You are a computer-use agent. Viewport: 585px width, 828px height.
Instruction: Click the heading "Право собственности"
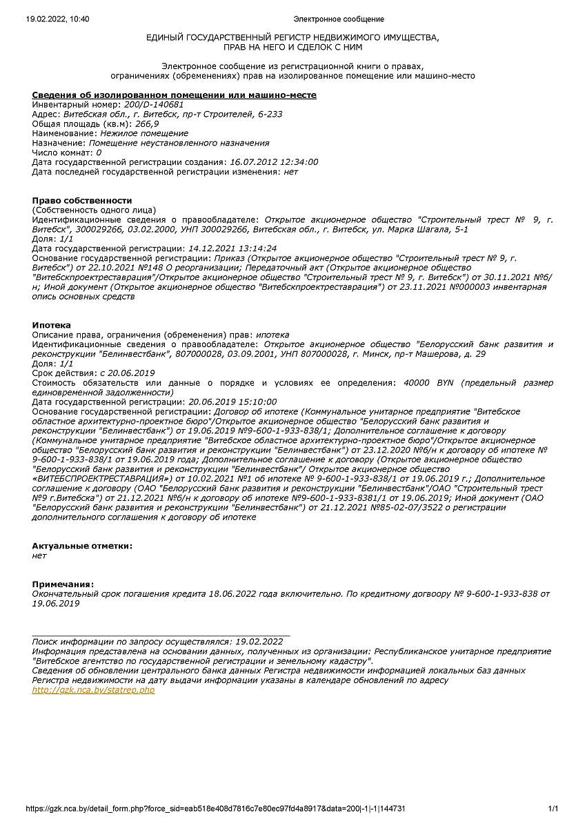82,200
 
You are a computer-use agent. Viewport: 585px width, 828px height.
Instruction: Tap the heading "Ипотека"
51,325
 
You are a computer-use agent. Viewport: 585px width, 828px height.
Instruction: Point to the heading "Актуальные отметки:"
82,546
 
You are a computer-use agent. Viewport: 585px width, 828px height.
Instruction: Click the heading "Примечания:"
63,584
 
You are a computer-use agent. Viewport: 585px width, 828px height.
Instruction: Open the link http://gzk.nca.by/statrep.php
93,690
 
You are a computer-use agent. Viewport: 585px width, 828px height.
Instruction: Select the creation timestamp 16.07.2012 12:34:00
272,162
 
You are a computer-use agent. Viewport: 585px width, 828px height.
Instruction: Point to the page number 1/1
553,808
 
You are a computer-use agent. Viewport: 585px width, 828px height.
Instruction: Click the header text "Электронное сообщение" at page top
339,19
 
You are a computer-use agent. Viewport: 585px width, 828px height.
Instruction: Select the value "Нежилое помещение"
143,133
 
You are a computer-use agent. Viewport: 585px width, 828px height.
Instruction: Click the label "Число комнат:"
63,152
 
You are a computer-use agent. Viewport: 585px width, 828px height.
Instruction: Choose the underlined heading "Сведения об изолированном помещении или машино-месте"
175,95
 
